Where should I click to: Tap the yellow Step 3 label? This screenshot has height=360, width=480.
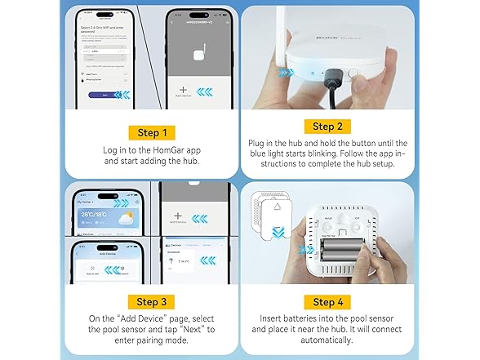[153, 302]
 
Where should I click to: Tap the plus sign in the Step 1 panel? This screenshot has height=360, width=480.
[182, 91]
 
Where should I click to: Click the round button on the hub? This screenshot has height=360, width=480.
[353, 72]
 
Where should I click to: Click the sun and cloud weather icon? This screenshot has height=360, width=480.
[123, 219]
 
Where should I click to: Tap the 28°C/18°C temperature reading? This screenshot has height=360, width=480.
[92, 216]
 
